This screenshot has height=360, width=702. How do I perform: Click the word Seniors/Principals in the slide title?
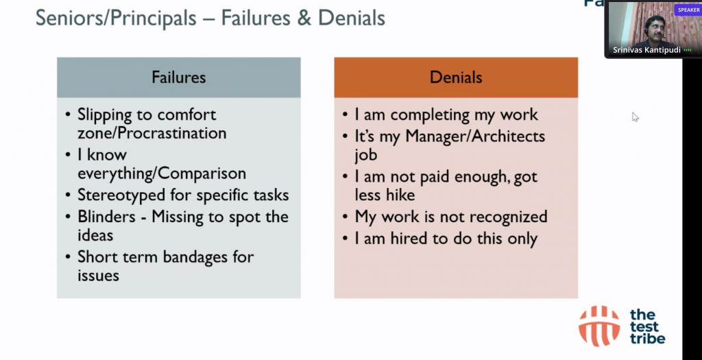(116, 19)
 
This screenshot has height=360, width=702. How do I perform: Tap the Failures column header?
(179, 77)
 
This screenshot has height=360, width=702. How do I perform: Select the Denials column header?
(456, 77)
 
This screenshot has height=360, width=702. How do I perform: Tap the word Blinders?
(106, 217)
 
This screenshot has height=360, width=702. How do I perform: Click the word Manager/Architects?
(476, 136)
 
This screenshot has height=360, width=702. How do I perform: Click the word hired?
(410, 238)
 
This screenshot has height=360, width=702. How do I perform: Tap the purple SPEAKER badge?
(688, 10)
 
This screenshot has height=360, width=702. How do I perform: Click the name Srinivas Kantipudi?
(646, 50)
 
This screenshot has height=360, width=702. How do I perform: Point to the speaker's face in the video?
(655, 27)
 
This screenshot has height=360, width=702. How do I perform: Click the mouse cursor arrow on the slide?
(635, 117)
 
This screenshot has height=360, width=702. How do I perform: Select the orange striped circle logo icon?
(599, 326)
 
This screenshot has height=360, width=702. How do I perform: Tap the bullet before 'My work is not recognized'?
(346, 217)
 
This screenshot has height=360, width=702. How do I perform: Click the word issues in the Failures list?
(98, 276)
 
